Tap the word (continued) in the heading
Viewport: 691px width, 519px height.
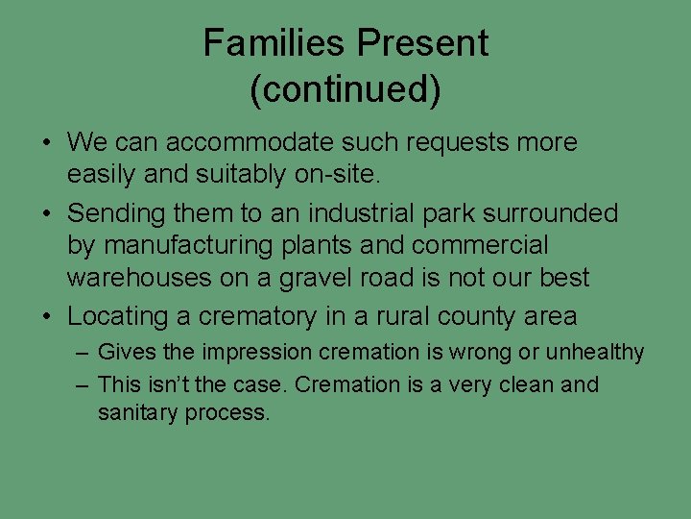click(345, 89)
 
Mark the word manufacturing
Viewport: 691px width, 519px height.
click(188, 246)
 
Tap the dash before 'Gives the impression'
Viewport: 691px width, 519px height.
click(83, 353)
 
